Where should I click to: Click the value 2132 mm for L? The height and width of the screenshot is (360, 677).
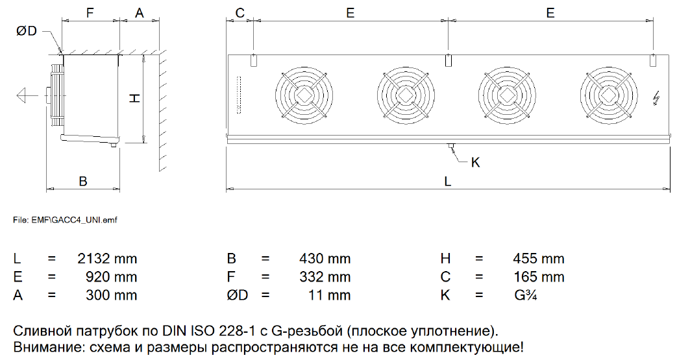[x=107, y=259]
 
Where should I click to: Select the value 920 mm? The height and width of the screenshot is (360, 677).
[x=112, y=277]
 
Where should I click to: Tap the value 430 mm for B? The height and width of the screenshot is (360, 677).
[x=325, y=259]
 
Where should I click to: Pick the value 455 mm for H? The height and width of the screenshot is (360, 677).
[x=538, y=259]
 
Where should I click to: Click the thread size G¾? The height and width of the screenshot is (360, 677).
[x=526, y=295]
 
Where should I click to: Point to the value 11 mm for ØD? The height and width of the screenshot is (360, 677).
[x=329, y=295]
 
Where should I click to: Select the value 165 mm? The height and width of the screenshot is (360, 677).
[x=539, y=277]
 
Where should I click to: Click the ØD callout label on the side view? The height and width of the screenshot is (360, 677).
[x=27, y=30]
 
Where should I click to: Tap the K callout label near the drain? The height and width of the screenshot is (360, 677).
[x=475, y=162]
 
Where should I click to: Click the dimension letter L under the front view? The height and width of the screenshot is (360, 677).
[x=448, y=181]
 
